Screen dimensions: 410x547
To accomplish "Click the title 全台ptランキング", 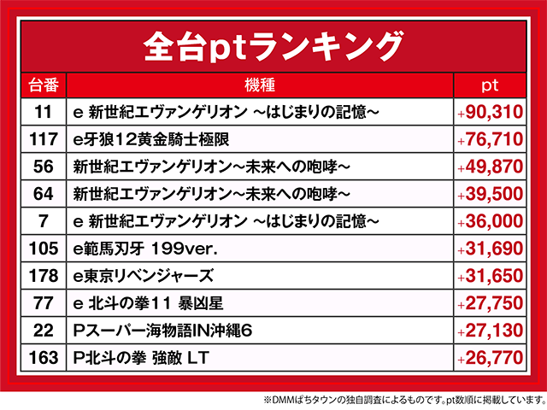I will click(273, 44).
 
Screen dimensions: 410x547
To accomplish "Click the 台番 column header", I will click(43, 85).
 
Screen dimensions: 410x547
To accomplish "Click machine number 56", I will click(43, 167).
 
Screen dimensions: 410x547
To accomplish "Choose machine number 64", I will click(43, 194).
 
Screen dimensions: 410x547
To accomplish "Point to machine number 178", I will click(43, 276).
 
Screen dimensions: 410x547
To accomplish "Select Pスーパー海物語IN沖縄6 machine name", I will click(162, 331).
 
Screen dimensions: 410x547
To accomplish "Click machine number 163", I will click(43, 358).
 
